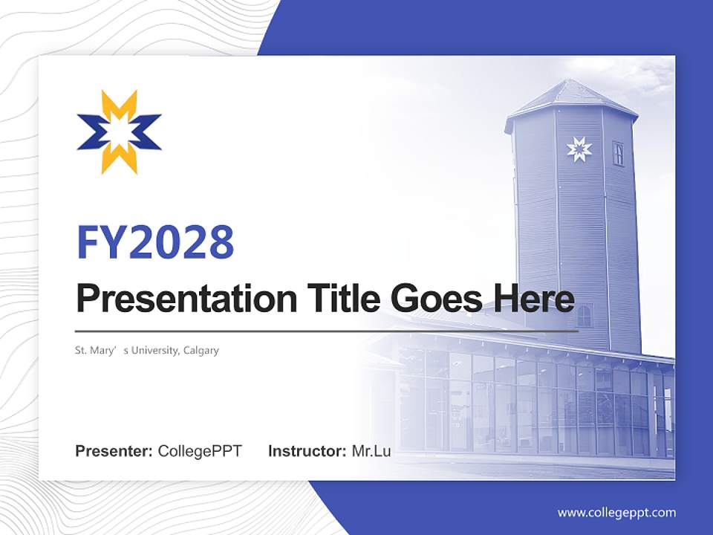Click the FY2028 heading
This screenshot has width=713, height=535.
click(x=155, y=242)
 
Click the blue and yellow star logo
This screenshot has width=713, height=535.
click(x=119, y=132)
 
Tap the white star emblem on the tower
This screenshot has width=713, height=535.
click(x=579, y=149)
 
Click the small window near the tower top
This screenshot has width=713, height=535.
click(x=618, y=154)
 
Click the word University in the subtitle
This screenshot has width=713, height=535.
click(x=152, y=350)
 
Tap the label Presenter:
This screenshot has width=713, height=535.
click(x=114, y=451)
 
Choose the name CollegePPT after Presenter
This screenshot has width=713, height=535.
click(x=200, y=451)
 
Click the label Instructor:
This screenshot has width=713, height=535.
click(x=307, y=451)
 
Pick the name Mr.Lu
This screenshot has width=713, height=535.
click(x=371, y=451)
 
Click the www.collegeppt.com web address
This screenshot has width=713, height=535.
click(x=616, y=513)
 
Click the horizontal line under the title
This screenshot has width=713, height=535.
click(x=327, y=331)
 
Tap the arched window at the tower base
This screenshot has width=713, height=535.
click(x=585, y=316)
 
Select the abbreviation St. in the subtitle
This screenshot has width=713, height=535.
click(x=80, y=350)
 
